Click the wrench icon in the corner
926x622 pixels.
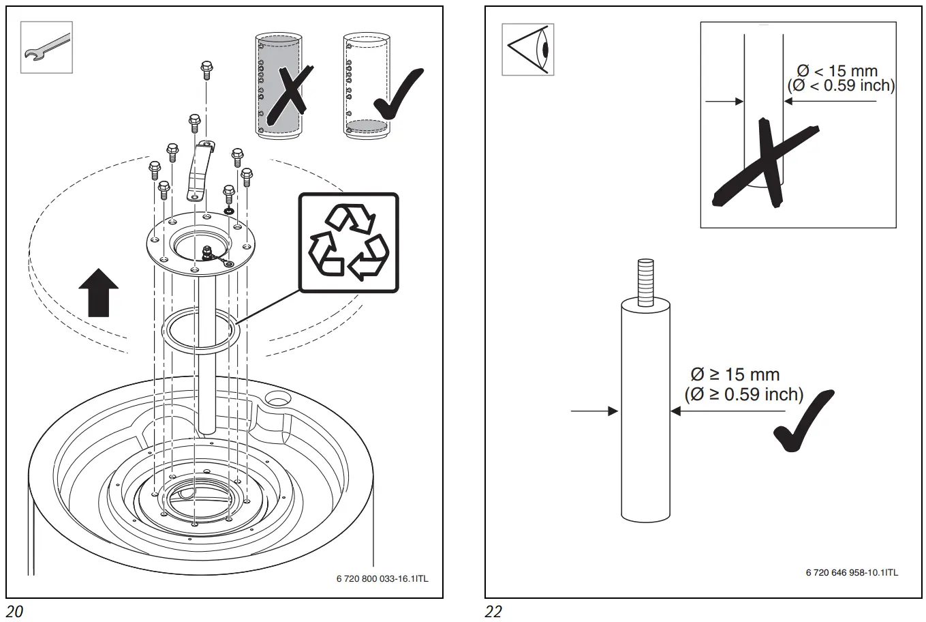[46, 48]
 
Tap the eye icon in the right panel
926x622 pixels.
[527, 50]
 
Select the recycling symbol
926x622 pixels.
[348, 243]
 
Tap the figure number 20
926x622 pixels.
[14, 612]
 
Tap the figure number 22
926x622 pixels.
[493, 612]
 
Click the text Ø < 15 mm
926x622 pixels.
[837, 71]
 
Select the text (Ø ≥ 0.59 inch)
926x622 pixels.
[743, 394]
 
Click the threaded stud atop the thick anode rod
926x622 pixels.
[645, 282]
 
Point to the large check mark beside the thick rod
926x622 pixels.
[803, 423]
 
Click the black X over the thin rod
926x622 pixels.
[763, 164]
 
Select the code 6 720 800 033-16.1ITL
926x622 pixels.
[382, 579]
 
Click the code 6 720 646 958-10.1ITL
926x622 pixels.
[851, 572]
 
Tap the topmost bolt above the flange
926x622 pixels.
[206, 70]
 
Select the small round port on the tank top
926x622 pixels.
[279, 397]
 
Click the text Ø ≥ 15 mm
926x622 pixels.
[735, 374]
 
